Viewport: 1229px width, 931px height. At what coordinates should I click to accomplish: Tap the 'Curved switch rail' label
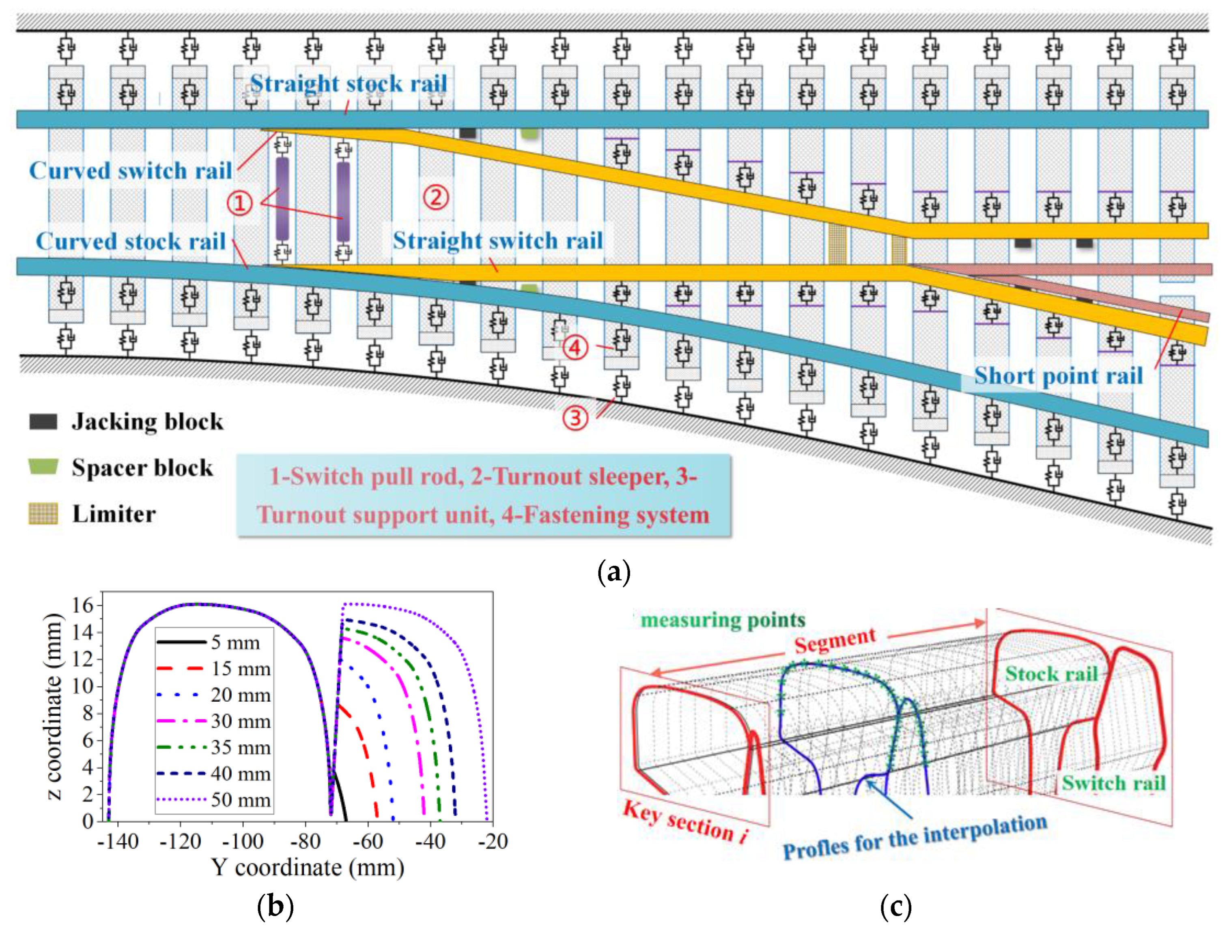(131, 170)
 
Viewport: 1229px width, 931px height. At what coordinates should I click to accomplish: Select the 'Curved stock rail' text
(131, 241)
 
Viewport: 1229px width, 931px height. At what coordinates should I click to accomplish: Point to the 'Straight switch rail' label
(497, 241)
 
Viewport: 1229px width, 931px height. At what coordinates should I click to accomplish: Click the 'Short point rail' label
(1059, 376)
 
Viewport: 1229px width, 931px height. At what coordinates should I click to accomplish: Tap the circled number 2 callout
(436, 197)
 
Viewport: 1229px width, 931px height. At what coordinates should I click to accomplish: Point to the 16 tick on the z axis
(83, 605)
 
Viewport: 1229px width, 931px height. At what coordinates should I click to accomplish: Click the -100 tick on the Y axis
(242, 842)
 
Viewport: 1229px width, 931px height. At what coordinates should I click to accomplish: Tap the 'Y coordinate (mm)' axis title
(307, 868)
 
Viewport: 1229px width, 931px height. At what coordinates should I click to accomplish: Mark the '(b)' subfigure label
(276, 907)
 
